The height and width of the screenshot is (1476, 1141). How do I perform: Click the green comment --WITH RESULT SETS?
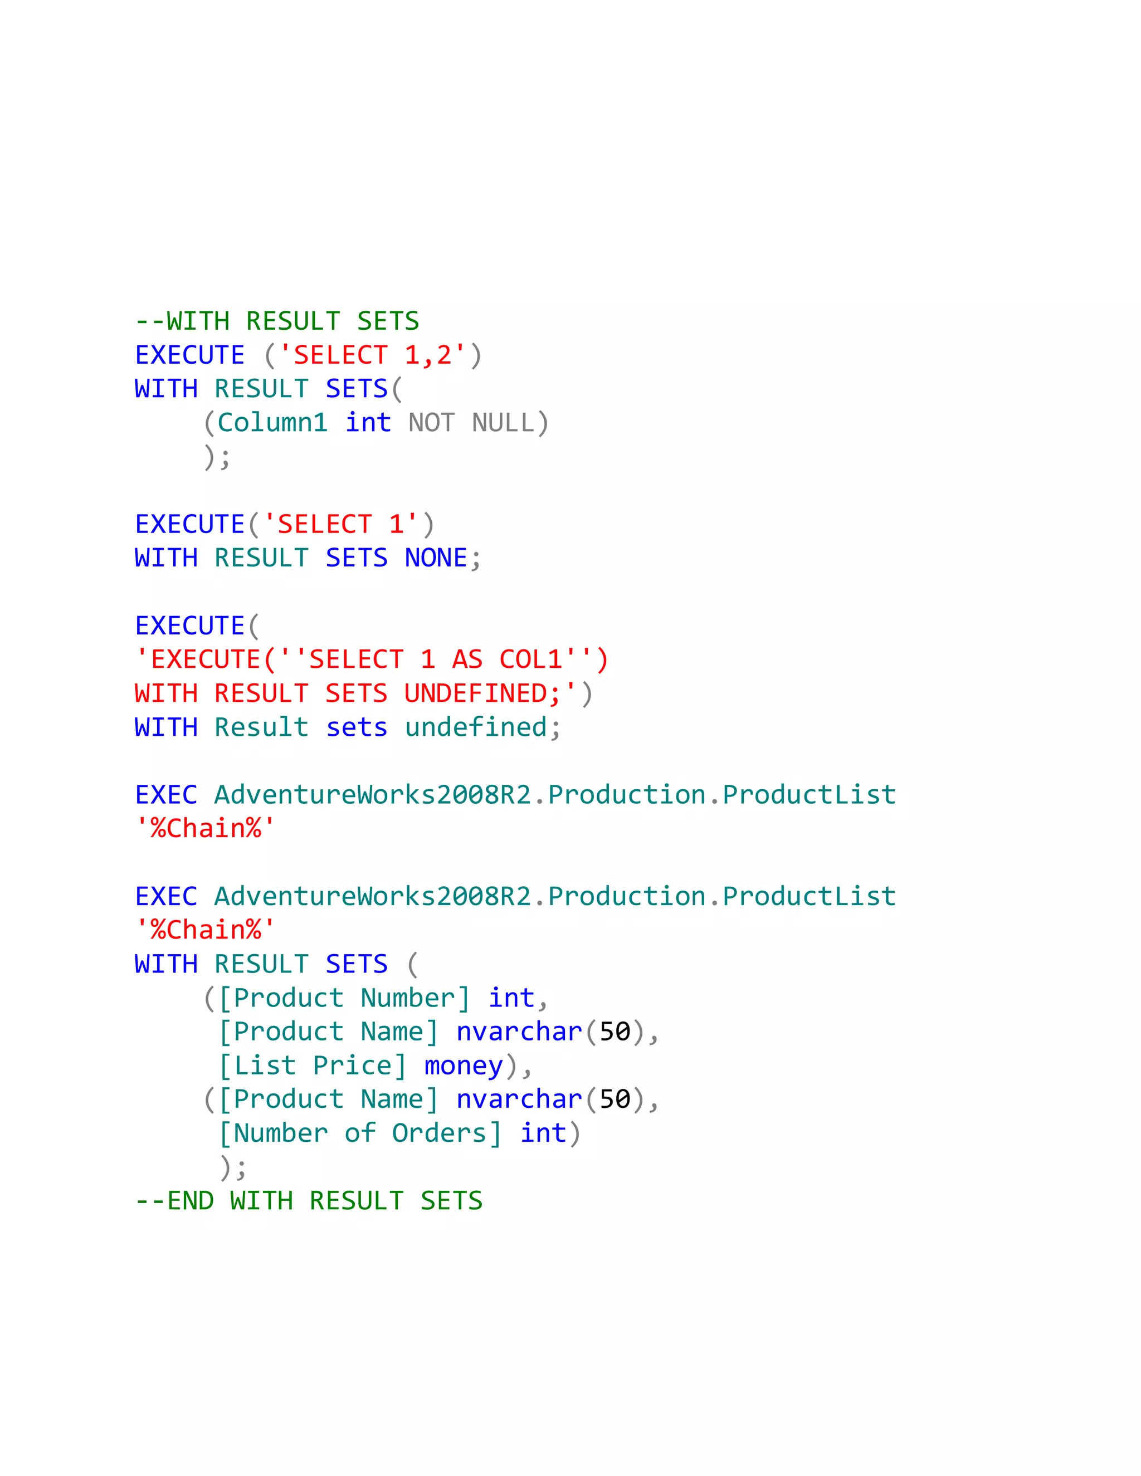coord(277,321)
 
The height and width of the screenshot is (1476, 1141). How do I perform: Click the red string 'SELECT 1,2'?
coord(373,355)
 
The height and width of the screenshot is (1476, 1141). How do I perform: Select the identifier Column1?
coord(272,423)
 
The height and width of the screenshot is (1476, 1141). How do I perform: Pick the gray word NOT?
coord(431,423)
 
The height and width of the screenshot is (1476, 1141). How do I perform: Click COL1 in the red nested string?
coord(530,659)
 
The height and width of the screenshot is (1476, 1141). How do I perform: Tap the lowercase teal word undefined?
coord(475,728)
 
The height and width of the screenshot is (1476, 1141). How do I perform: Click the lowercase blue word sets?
coord(356,728)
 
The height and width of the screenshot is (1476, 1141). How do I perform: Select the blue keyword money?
coord(463,1066)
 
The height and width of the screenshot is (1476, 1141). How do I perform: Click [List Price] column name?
coord(313,1066)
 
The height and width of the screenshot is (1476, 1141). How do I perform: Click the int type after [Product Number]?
coord(511,998)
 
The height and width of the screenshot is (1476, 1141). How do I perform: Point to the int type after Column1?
coord(368,423)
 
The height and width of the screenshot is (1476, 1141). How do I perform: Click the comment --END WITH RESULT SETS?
coord(309,1201)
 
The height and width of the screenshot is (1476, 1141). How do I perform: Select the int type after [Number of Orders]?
coord(543,1133)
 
